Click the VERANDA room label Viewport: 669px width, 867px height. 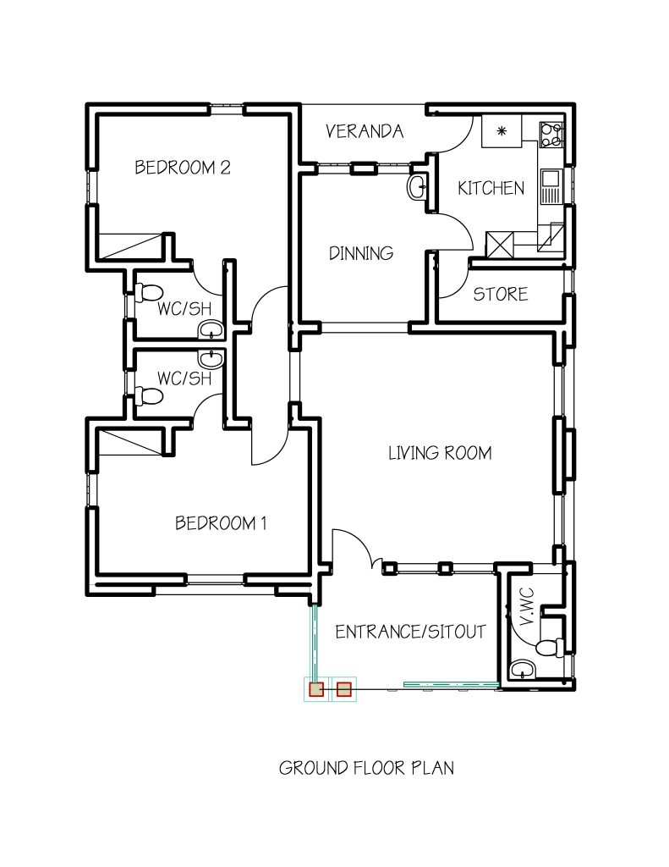pos(365,131)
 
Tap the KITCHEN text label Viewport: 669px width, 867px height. pos(491,188)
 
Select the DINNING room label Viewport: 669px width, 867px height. pos(361,252)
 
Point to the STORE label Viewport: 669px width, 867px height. pos(500,294)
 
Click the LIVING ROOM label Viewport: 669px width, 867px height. pos(439,453)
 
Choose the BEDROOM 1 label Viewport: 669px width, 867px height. pos(221,523)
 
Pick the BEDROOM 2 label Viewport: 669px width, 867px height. pos(183,167)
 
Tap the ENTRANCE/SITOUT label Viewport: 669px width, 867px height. pos(410,632)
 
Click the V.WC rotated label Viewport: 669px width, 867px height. pos(527,607)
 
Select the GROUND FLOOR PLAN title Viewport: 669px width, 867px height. pos(366,768)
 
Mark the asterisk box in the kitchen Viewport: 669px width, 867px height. pos(502,132)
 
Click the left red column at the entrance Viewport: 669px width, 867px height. pos(316,689)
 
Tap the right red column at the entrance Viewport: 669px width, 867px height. pos(343,689)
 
